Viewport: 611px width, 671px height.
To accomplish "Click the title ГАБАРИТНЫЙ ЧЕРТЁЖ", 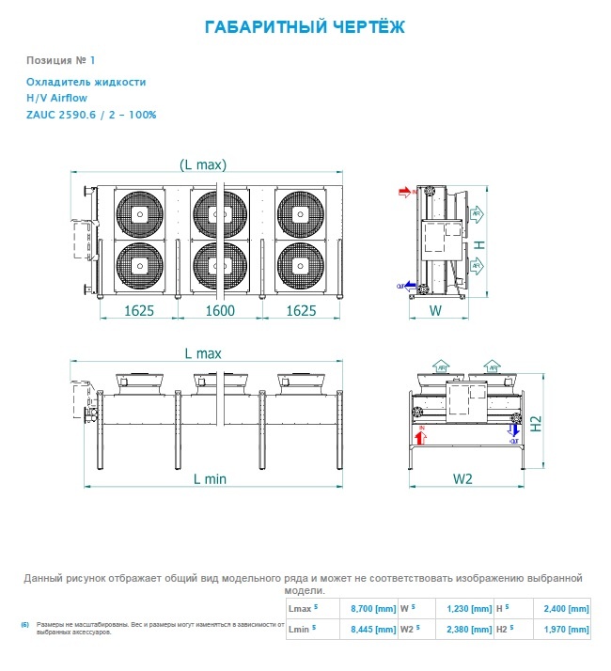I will pos(305,27).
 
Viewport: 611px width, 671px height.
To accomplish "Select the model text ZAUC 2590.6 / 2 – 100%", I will pos(91,115).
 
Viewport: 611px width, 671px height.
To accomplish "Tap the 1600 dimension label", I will pos(220,310).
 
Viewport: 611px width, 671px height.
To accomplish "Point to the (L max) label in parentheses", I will pos(203,164).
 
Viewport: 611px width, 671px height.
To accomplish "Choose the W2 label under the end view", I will pos(462,478).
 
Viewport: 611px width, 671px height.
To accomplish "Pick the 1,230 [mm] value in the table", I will pos(467,608).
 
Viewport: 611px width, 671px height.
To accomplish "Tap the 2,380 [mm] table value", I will pos(467,629).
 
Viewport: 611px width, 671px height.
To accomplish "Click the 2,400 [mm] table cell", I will pos(566,608).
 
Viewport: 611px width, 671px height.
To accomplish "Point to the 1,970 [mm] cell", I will pos(566,629).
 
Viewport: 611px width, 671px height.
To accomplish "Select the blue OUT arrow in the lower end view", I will pos(513,431).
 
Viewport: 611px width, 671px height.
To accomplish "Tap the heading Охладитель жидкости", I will pos(86,82).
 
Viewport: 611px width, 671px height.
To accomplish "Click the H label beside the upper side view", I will pos(479,244).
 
